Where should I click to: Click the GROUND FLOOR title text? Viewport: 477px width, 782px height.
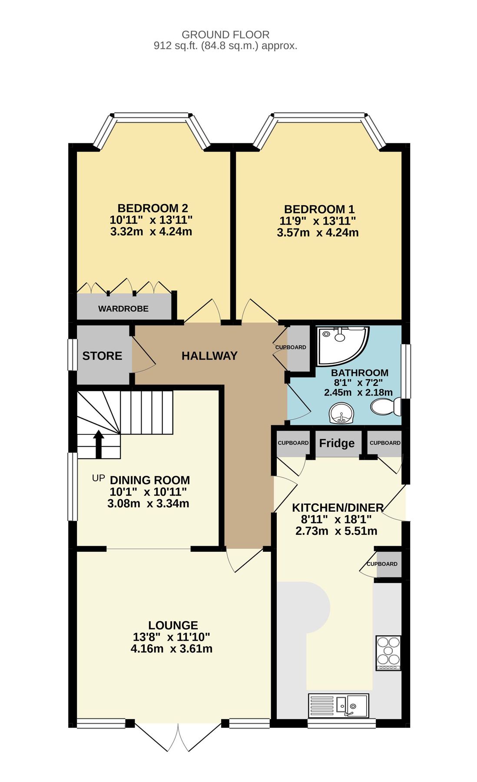225,34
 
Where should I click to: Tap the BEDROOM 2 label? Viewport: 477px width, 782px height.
152,208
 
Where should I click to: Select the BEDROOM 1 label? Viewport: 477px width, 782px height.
319,209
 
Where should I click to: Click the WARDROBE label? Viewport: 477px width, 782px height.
123,309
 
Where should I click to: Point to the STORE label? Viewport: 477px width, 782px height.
102,356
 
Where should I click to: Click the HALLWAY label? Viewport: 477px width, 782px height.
209,356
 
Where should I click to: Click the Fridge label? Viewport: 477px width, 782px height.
337,443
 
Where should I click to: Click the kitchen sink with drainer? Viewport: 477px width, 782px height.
338,706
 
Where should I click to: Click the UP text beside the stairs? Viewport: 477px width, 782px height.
99,478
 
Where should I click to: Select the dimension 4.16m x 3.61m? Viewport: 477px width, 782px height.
172,649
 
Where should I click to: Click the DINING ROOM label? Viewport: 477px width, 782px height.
150,480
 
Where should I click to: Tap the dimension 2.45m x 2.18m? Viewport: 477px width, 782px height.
358,392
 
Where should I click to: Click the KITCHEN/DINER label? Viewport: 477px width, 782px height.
338,507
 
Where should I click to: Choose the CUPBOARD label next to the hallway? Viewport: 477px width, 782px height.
291,347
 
